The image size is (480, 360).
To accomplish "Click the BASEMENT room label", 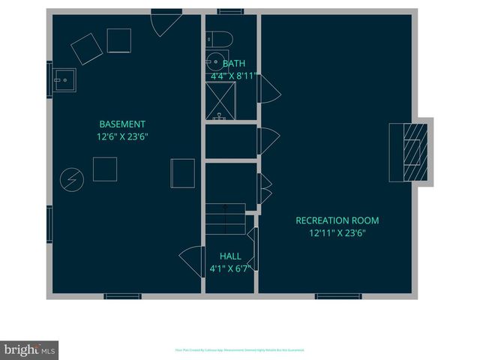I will (122, 124).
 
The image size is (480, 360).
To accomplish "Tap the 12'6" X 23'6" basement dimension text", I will (122, 136).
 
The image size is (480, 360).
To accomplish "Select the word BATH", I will (233, 64).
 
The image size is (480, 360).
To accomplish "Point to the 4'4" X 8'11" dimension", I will (233, 76).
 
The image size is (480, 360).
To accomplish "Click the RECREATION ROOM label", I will (337, 220).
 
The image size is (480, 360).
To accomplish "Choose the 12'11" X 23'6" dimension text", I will (337, 233).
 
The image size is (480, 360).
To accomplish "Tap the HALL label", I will (230, 256).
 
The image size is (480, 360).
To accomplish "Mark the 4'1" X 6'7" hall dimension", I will (230, 268).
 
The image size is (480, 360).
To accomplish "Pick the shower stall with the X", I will (220, 100).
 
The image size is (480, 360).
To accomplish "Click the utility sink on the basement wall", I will (64, 78).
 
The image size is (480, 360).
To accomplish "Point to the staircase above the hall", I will (226, 218).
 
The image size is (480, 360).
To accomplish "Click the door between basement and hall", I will (190, 259).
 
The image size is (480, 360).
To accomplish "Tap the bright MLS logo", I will (29, 350).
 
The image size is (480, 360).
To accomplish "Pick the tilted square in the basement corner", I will (87, 49).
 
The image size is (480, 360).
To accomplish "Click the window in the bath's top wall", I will (230, 11).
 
